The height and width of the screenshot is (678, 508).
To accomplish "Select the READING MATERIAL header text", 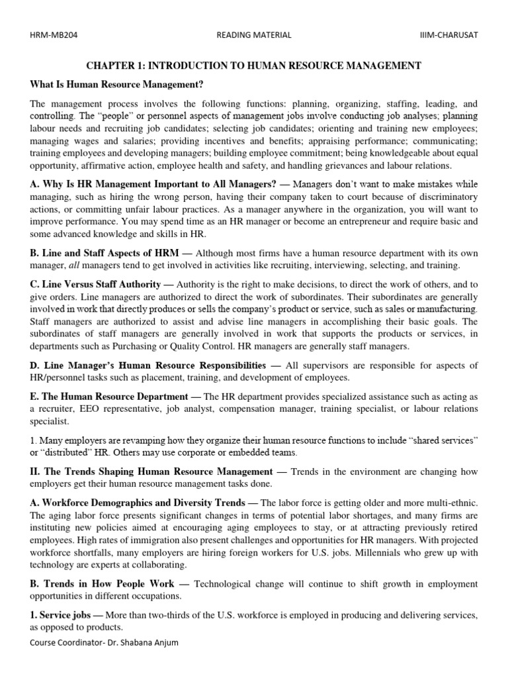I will pos(254,35).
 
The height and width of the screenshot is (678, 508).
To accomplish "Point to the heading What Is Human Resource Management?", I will pos(116,84).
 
